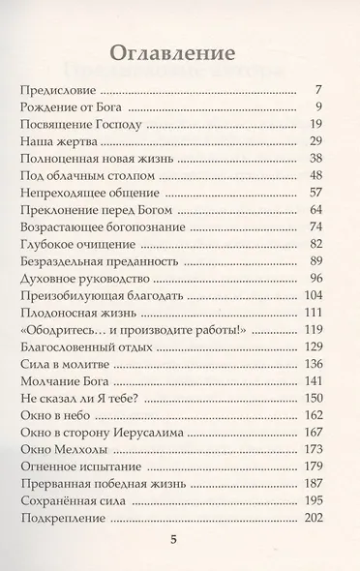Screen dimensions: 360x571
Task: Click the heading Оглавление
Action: (180, 49)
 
